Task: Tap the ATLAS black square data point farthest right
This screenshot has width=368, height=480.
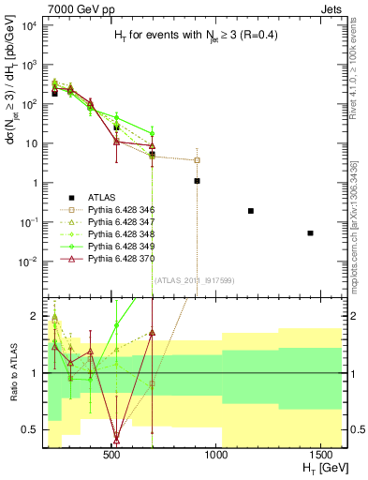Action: click(310, 232)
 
